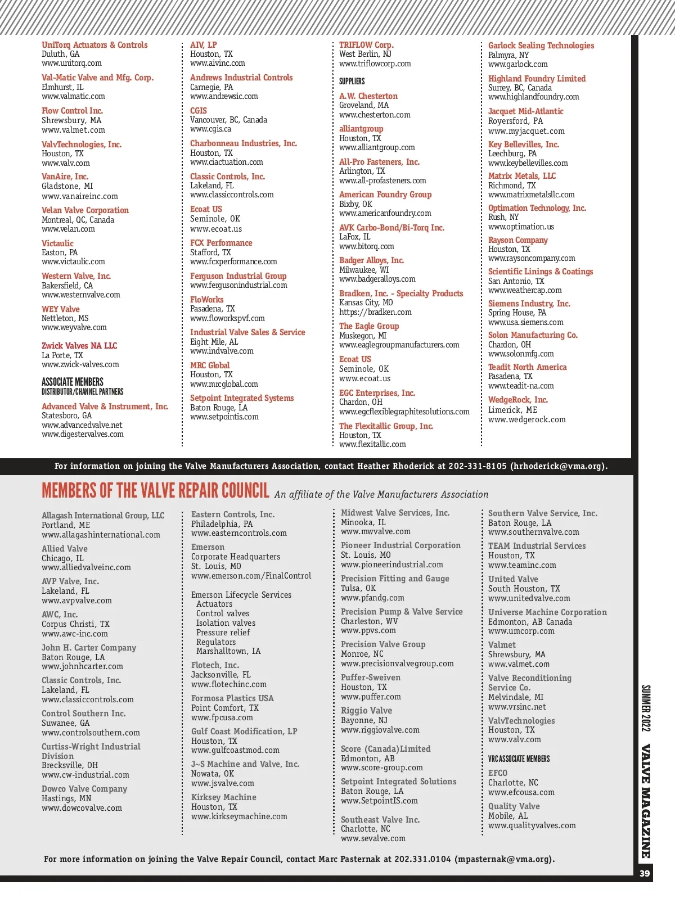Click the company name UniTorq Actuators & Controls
[94, 45]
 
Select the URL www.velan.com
[68, 229]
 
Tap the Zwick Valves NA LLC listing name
[79, 346]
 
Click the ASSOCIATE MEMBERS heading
[73, 382]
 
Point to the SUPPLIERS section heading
[352, 82]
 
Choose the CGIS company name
[199, 111]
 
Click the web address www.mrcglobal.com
[224, 384]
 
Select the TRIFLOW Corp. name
[366, 45]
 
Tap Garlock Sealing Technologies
[541, 46]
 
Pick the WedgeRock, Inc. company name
[517, 400]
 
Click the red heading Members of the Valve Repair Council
[155, 491]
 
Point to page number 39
[645, 873]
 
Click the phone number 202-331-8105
[477, 466]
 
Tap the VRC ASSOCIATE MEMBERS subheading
[519, 759]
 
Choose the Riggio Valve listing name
[366, 711]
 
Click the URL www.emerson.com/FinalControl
[251, 576]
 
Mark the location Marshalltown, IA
[228, 651]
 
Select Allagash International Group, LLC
[103, 516]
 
